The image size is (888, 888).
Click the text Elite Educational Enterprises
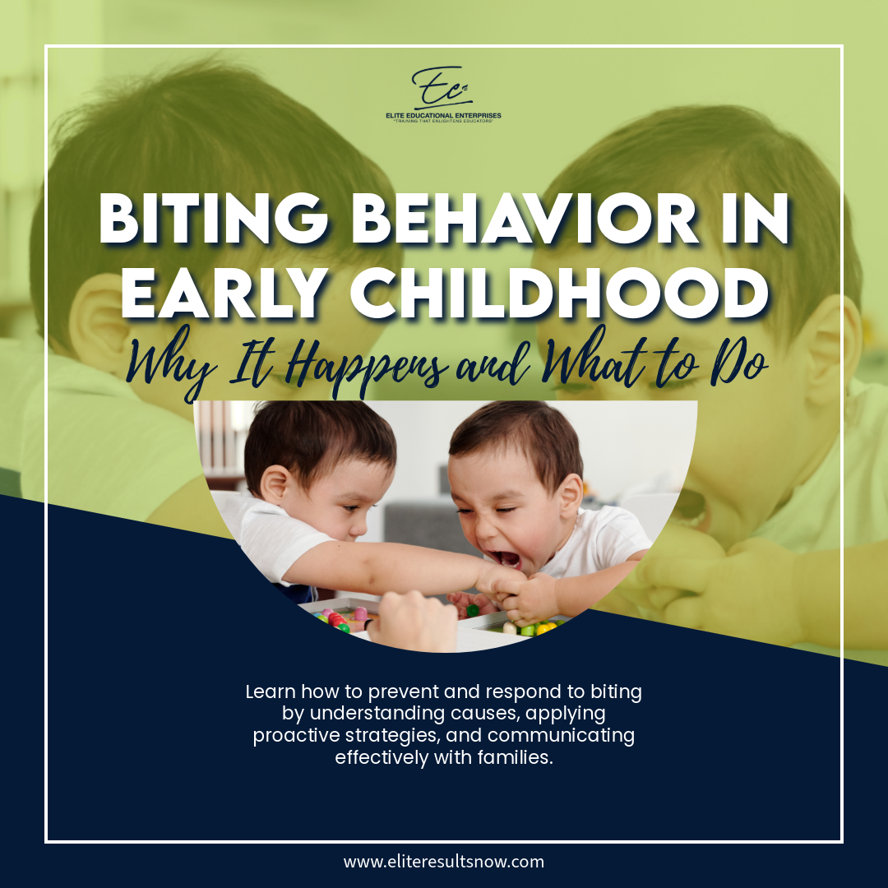click(443, 116)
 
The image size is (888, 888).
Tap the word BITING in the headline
click(213, 219)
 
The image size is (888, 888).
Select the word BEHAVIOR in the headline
click(525, 219)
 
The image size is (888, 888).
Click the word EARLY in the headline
click(224, 293)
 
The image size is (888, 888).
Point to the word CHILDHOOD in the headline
click(560, 293)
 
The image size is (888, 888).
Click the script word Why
click(171, 364)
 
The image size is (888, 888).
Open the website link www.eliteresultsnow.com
click(443, 862)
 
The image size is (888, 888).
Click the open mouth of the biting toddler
click(506, 557)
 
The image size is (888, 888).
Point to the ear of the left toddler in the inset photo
click(275, 484)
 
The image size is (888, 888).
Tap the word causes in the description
click(492, 714)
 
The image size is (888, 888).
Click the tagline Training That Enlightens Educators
click(443, 121)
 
